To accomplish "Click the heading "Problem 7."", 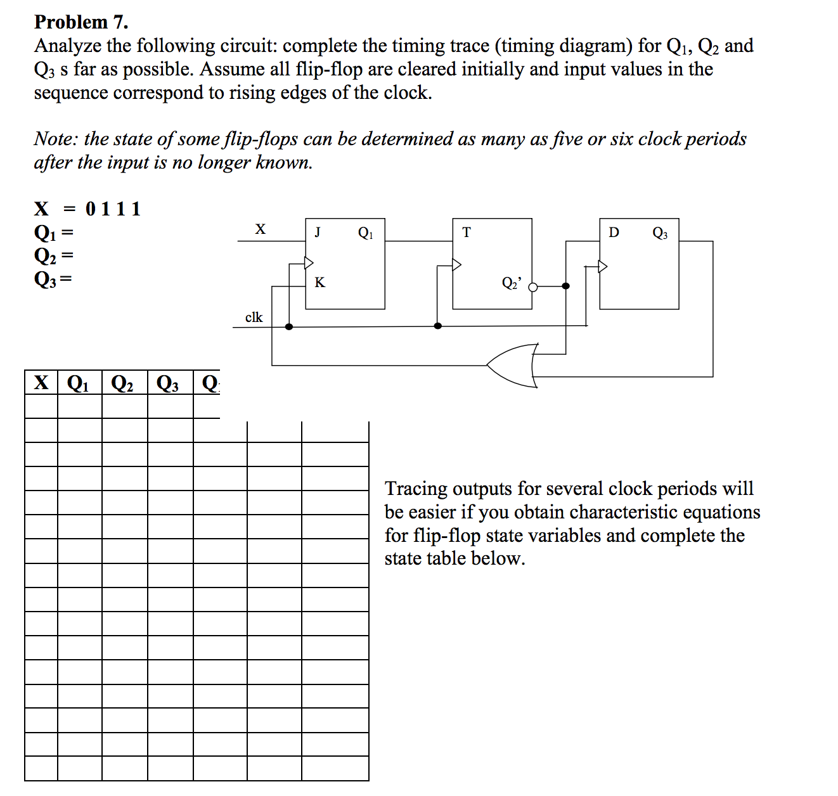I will [x=81, y=22].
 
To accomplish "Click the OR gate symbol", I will [x=513, y=366].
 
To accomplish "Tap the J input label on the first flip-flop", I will [x=318, y=232].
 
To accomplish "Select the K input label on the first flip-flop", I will [x=319, y=283].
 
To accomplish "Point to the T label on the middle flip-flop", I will [x=467, y=233].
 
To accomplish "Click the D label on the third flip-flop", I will [x=614, y=233].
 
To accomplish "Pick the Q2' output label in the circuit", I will [x=512, y=283].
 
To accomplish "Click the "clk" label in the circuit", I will [x=254, y=317].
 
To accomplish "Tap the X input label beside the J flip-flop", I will [x=260, y=229].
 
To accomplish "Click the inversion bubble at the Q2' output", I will [x=533, y=286].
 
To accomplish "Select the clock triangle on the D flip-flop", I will [x=603, y=266].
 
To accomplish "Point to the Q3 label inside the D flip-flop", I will [x=660, y=233].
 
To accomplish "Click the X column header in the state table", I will [x=41, y=383].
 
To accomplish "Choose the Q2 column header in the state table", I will [x=122, y=383].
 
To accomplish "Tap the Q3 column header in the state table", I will [x=168, y=383].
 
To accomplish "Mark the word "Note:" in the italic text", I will [x=56, y=139].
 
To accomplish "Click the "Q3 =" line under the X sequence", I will [x=53, y=279].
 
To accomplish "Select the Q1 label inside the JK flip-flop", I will [x=366, y=233].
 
